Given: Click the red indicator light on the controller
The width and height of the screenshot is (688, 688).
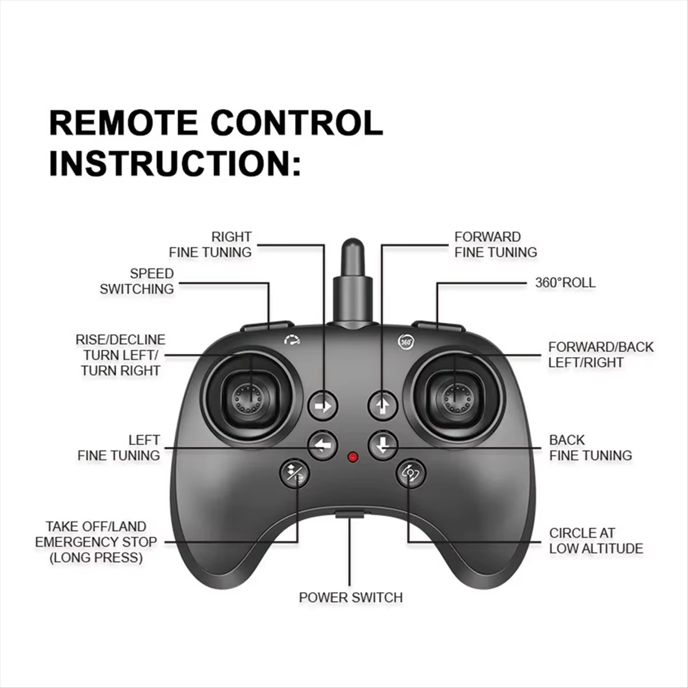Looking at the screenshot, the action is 353,457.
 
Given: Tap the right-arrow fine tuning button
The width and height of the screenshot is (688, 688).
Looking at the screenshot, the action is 323,406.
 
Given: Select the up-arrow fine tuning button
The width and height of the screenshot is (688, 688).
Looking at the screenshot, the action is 383,405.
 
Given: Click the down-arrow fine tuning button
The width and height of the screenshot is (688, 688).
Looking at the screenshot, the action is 383,445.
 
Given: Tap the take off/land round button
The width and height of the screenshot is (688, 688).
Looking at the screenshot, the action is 295,474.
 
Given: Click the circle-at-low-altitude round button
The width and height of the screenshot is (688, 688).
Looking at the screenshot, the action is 411,474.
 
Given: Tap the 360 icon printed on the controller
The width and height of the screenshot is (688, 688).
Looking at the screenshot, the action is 405,341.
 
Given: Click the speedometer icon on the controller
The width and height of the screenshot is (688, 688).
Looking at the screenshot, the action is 292,340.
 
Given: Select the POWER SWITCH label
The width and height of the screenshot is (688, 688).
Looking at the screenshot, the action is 351,597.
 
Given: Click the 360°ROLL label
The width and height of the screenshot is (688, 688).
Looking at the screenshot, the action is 565,283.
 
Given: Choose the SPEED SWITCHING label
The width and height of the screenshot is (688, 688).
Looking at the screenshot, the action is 137,281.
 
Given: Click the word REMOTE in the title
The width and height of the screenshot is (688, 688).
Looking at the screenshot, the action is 123,123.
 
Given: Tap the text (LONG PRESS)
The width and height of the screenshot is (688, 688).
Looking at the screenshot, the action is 96,557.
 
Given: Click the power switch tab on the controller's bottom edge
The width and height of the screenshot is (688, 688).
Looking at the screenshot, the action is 350,514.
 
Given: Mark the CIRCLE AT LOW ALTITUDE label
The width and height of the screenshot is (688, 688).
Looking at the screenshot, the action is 596,541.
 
